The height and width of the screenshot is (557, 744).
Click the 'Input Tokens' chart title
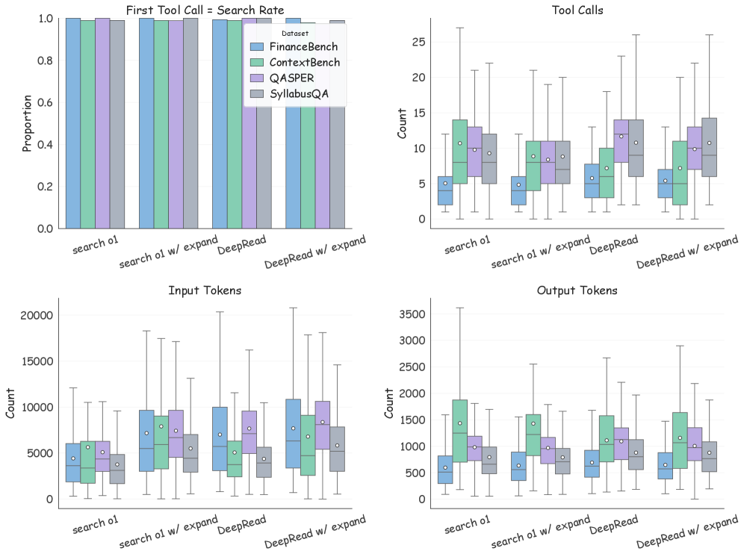(205, 290)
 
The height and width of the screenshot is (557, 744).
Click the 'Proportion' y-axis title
(27, 123)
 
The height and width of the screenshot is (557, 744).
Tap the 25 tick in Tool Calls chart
(418, 42)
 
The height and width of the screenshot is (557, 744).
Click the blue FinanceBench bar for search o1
(72, 123)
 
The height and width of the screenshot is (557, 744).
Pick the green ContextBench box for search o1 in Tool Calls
(459, 152)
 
